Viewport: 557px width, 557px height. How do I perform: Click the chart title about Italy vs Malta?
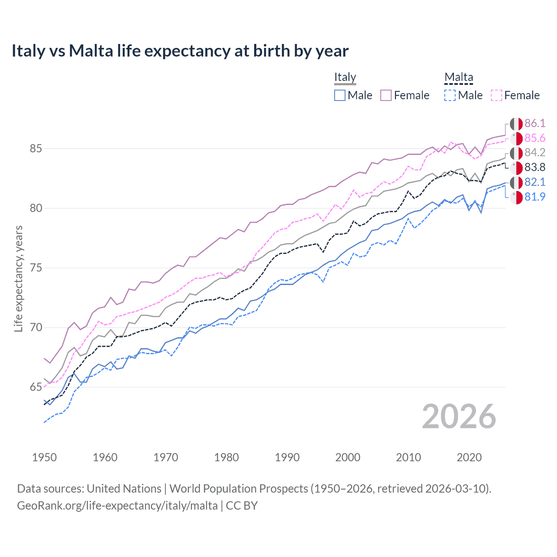[x=180, y=51]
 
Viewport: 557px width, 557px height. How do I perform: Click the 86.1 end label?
[x=534, y=124]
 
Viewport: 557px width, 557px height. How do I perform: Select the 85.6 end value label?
[x=534, y=138]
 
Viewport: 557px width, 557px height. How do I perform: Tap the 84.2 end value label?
[x=534, y=153]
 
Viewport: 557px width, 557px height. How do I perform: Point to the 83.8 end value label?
[x=534, y=168]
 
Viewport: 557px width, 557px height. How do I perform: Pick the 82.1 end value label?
[x=534, y=182]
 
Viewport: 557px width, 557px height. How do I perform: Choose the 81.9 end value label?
[x=534, y=197]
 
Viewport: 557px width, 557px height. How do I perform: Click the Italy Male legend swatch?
[x=340, y=95]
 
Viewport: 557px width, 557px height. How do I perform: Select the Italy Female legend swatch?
[x=386, y=95]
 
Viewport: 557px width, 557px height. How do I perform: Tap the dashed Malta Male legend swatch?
[x=450, y=95]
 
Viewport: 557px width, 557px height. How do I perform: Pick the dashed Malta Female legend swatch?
[x=497, y=95]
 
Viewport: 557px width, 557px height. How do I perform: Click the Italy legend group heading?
[x=345, y=77]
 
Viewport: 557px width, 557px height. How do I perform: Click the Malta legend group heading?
[x=459, y=77]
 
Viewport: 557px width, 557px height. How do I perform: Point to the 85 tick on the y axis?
[x=36, y=149]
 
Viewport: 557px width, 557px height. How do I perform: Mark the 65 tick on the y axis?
[x=36, y=387]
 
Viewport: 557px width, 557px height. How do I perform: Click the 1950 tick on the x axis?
[x=44, y=457]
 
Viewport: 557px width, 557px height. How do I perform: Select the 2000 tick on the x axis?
[x=348, y=457]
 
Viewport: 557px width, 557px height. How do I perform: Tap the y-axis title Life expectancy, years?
[x=18, y=278]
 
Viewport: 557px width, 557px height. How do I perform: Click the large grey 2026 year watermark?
[x=459, y=416]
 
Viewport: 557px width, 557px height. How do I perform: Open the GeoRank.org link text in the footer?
[x=117, y=506]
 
